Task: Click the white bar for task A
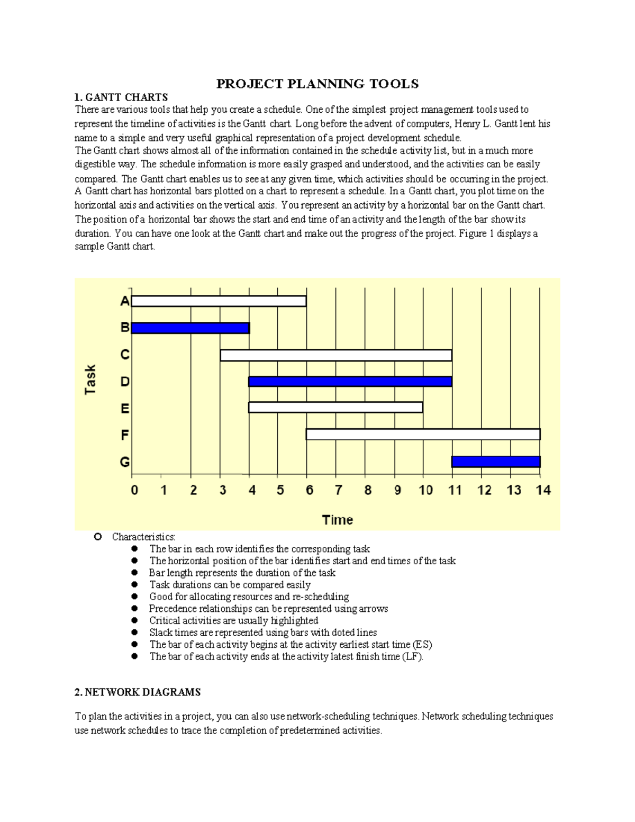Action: pyautogui.click(x=219, y=301)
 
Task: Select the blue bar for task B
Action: pyautogui.click(x=190, y=328)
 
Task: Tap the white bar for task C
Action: pyautogui.click(x=335, y=355)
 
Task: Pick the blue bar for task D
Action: pyautogui.click(x=350, y=382)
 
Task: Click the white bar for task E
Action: pyautogui.click(x=335, y=408)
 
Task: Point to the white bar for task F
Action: pyautogui.click(x=423, y=435)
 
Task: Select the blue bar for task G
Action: pyautogui.click(x=496, y=462)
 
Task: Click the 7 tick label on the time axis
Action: pyautogui.click(x=338, y=490)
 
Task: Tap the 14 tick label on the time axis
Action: pyautogui.click(x=543, y=490)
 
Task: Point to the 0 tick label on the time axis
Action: pyautogui.click(x=134, y=490)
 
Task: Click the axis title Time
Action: pyautogui.click(x=338, y=520)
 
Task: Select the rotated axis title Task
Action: pyautogui.click(x=90, y=380)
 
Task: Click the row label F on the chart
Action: pyautogui.click(x=125, y=435)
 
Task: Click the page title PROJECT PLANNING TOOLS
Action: pyautogui.click(x=317, y=84)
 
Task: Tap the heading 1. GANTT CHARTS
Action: pyautogui.click(x=121, y=97)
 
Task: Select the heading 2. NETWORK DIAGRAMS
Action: pyautogui.click(x=138, y=692)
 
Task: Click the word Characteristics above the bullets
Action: pyautogui.click(x=143, y=537)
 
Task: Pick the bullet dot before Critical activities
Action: pyautogui.click(x=135, y=621)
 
